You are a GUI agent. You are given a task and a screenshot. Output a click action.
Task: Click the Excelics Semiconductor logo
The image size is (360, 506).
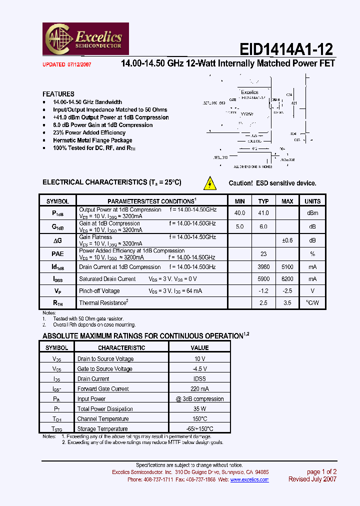87,38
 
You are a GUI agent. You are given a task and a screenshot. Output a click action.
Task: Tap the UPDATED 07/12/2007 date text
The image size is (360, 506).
66,64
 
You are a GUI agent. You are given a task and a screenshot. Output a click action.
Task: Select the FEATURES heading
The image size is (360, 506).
58,94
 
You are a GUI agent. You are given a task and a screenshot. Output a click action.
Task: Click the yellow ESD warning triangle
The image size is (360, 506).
210,183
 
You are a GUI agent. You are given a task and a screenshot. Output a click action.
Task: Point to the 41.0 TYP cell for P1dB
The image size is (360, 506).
263,213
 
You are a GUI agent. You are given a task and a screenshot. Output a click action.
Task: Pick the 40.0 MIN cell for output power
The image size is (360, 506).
240,213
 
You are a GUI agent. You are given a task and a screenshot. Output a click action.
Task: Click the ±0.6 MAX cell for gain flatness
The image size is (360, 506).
287,240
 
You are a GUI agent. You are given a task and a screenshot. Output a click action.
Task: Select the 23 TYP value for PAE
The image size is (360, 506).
263,253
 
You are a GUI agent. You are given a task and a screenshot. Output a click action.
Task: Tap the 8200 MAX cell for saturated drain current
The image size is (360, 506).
287,279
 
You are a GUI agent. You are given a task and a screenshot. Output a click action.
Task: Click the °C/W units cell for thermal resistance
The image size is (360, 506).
312,303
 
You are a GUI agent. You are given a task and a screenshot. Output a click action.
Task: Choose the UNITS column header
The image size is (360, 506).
312,201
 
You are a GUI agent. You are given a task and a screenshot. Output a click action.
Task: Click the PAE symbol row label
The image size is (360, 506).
58,253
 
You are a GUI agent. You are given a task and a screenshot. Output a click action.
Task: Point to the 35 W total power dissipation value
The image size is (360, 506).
199,409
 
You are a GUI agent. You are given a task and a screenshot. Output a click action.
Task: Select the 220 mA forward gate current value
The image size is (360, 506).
199,389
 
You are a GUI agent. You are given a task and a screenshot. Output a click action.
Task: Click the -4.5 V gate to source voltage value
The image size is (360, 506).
199,369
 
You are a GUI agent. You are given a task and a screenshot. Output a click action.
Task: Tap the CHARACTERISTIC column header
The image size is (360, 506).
121,347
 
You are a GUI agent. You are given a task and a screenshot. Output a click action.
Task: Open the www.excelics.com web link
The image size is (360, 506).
249,479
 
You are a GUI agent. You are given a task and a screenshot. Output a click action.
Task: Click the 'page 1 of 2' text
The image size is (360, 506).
321,471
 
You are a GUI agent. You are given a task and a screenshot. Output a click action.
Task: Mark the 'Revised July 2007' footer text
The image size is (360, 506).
312,479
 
